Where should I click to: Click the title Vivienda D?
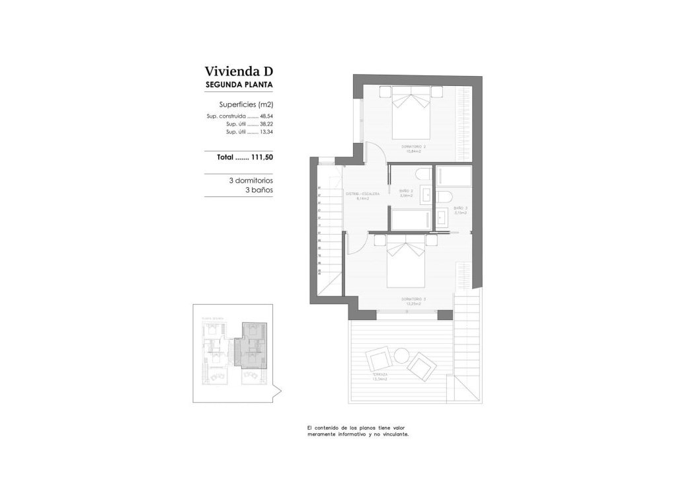coord(239,71)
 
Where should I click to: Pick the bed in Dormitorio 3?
coord(411,264)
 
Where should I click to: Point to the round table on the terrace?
coord(401,356)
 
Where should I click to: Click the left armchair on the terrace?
coord(379,360)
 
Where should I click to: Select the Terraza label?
coord(379,376)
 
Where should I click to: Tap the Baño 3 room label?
coord(461,210)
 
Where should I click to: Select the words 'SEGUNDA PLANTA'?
coord(239,85)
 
